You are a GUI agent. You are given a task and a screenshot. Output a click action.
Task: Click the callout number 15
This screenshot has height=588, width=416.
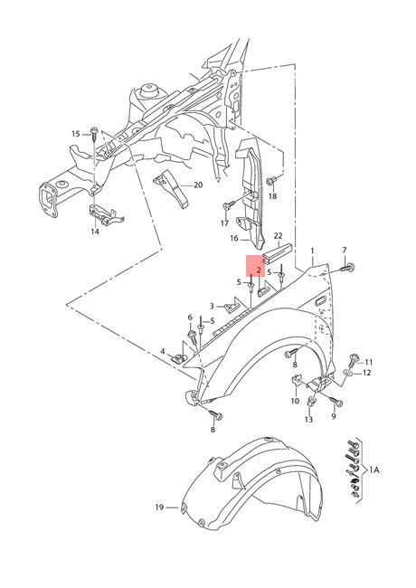(x=76, y=134)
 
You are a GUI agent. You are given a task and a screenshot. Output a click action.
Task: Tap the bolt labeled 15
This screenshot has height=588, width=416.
(x=94, y=134)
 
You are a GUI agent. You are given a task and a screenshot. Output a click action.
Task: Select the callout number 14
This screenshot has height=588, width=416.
(x=95, y=232)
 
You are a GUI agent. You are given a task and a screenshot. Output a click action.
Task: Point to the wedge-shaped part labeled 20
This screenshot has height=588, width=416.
(x=174, y=189)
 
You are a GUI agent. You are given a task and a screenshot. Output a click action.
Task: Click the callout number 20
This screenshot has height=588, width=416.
(x=198, y=185)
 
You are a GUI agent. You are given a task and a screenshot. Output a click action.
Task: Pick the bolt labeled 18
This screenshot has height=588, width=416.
(x=271, y=181)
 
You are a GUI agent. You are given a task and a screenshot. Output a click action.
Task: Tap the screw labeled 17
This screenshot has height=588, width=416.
(x=229, y=205)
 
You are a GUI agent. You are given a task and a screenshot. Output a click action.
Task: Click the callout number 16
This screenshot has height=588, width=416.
(x=234, y=238)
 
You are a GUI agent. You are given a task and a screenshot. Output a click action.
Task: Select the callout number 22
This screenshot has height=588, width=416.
(x=278, y=236)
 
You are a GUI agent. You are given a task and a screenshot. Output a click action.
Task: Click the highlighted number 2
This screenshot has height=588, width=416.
(x=259, y=270)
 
